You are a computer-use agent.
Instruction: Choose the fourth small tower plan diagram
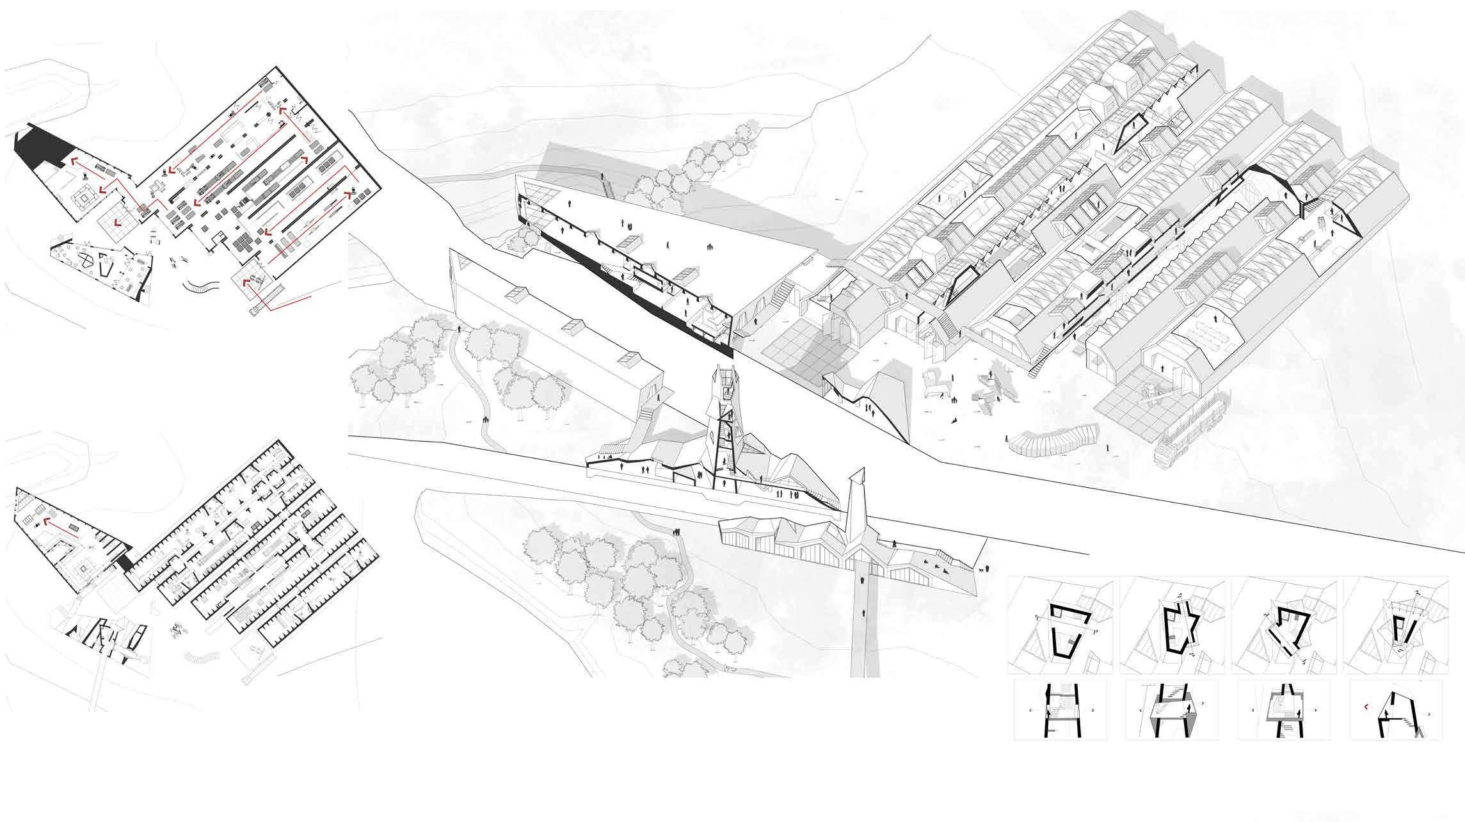click(x=1395, y=625)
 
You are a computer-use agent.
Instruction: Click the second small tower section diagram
click(x=1171, y=711)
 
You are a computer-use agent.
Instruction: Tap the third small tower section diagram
click(x=1283, y=711)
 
